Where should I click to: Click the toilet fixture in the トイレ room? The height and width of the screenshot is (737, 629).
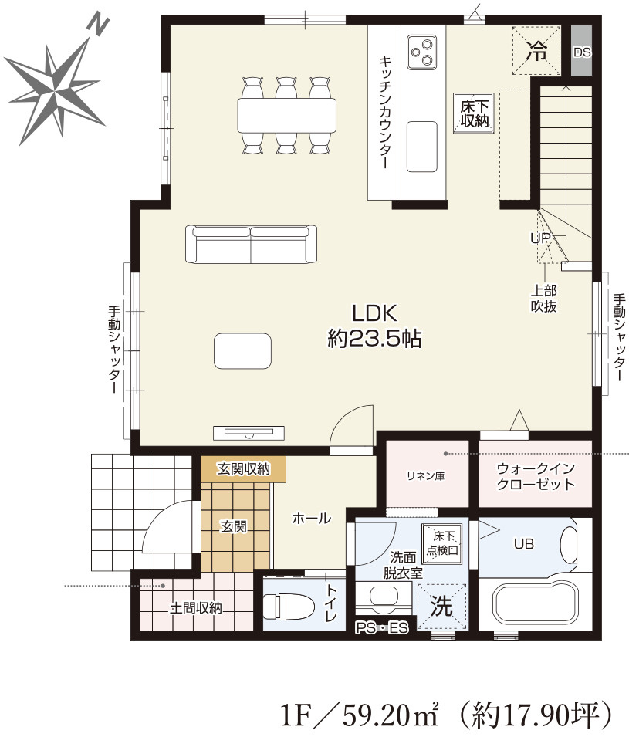click(x=289, y=607)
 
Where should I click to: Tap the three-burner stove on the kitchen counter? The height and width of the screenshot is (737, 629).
click(x=421, y=52)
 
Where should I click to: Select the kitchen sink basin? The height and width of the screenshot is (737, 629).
click(x=421, y=147)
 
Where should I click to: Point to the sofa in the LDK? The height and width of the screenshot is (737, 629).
click(x=251, y=244)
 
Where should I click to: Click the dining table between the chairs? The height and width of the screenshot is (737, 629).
click(x=287, y=115)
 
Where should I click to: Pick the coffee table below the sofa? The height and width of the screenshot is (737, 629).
click(x=242, y=350)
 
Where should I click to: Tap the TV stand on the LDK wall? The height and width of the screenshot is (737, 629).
click(x=249, y=432)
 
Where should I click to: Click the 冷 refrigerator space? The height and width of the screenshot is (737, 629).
click(x=536, y=50)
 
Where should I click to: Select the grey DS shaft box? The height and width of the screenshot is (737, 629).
click(x=581, y=51)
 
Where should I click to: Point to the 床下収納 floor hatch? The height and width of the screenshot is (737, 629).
click(x=474, y=113)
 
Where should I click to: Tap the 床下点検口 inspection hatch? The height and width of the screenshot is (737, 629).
click(x=442, y=544)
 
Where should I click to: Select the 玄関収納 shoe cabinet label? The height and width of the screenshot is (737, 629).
click(x=244, y=468)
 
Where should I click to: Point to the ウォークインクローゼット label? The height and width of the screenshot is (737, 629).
click(x=536, y=477)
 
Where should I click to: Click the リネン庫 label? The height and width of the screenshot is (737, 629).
click(x=425, y=476)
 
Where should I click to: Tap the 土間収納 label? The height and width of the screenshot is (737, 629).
click(x=195, y=608)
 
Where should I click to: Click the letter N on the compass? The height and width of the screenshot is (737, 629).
click(x=99, y=26)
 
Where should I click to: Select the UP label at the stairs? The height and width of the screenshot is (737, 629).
click(x=540, y=238)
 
